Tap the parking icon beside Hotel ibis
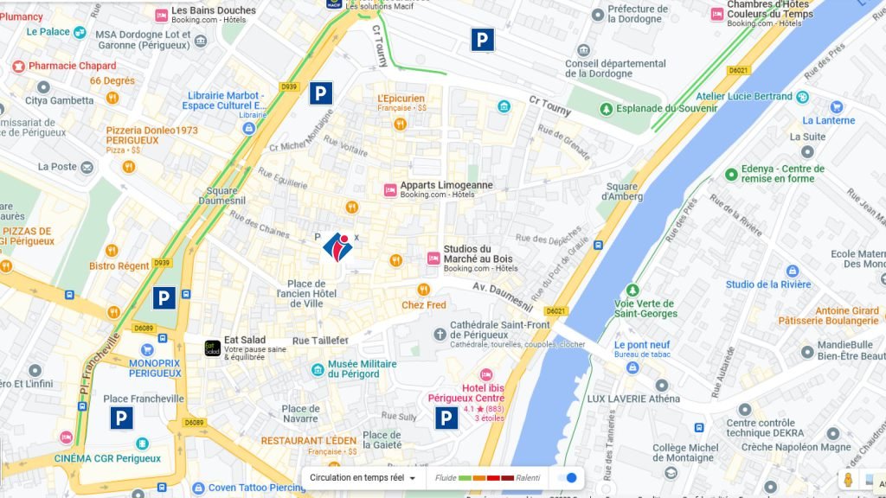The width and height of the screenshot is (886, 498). (x=446, y=418)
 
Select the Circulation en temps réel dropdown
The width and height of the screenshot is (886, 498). (x=363, y=477)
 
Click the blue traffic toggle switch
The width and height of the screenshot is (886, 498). (x=568, y=477)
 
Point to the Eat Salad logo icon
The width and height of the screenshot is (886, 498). (x=211, y=348)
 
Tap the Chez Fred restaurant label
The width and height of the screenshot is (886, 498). (x=424, y=305)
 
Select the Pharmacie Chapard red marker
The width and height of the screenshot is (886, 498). (x=18, y=66)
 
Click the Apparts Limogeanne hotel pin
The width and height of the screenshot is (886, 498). (x=389, y=189)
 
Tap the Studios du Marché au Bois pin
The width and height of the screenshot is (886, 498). (x=433, y=259)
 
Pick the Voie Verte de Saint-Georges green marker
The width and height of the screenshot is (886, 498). (x=632, y=290)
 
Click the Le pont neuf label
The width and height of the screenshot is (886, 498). (x=642, y=345)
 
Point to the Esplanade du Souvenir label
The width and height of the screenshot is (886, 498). (x=665, y=108)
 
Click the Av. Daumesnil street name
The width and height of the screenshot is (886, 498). (x=502, y=295)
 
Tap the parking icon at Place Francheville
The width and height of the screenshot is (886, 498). (x=121, y=418)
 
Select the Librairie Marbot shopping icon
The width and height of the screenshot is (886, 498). (x=249, y=128)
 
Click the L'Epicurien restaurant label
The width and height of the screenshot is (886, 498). (x=401, y=99)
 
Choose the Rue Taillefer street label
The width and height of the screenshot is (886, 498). (x=320, y=341)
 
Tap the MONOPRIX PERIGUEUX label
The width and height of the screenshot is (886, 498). (x=155, y=367)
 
